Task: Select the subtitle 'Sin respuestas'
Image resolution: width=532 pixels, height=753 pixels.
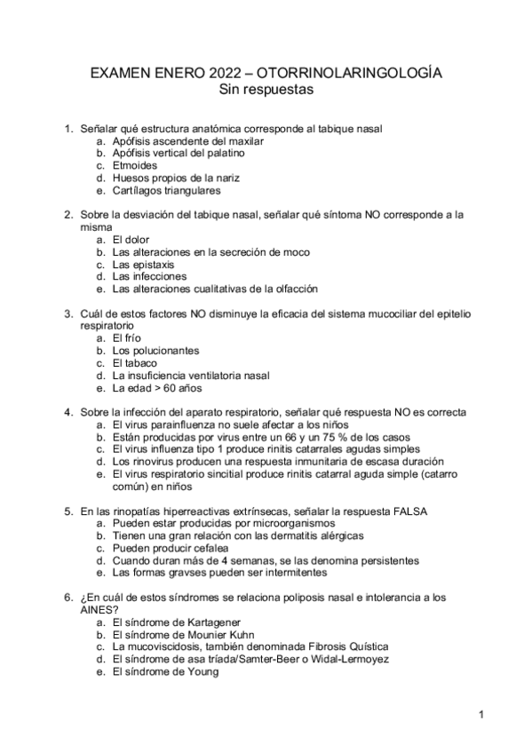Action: [x=266, y=89]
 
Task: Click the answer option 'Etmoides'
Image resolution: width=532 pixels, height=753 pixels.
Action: [x=135, y=165]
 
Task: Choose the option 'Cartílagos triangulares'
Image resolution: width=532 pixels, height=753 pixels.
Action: [x=167, y=190]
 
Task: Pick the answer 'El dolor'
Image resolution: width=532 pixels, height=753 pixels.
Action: [x=131, y=240]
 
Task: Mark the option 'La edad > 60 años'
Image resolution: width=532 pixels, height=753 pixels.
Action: [x=157, y=388]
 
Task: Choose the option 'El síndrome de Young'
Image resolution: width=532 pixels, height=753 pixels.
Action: [x=165, y=672]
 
